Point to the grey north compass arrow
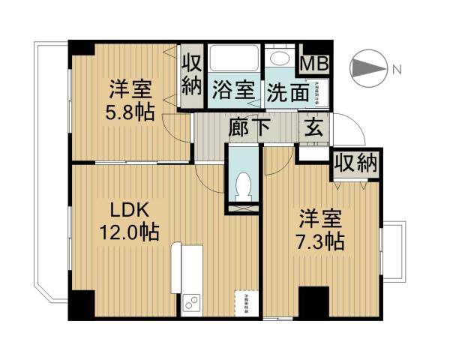[x=368, y=68]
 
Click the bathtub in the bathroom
[x=232, y=58]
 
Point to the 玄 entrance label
[x=312, y=127]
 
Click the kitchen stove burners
[x=191, y=305]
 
